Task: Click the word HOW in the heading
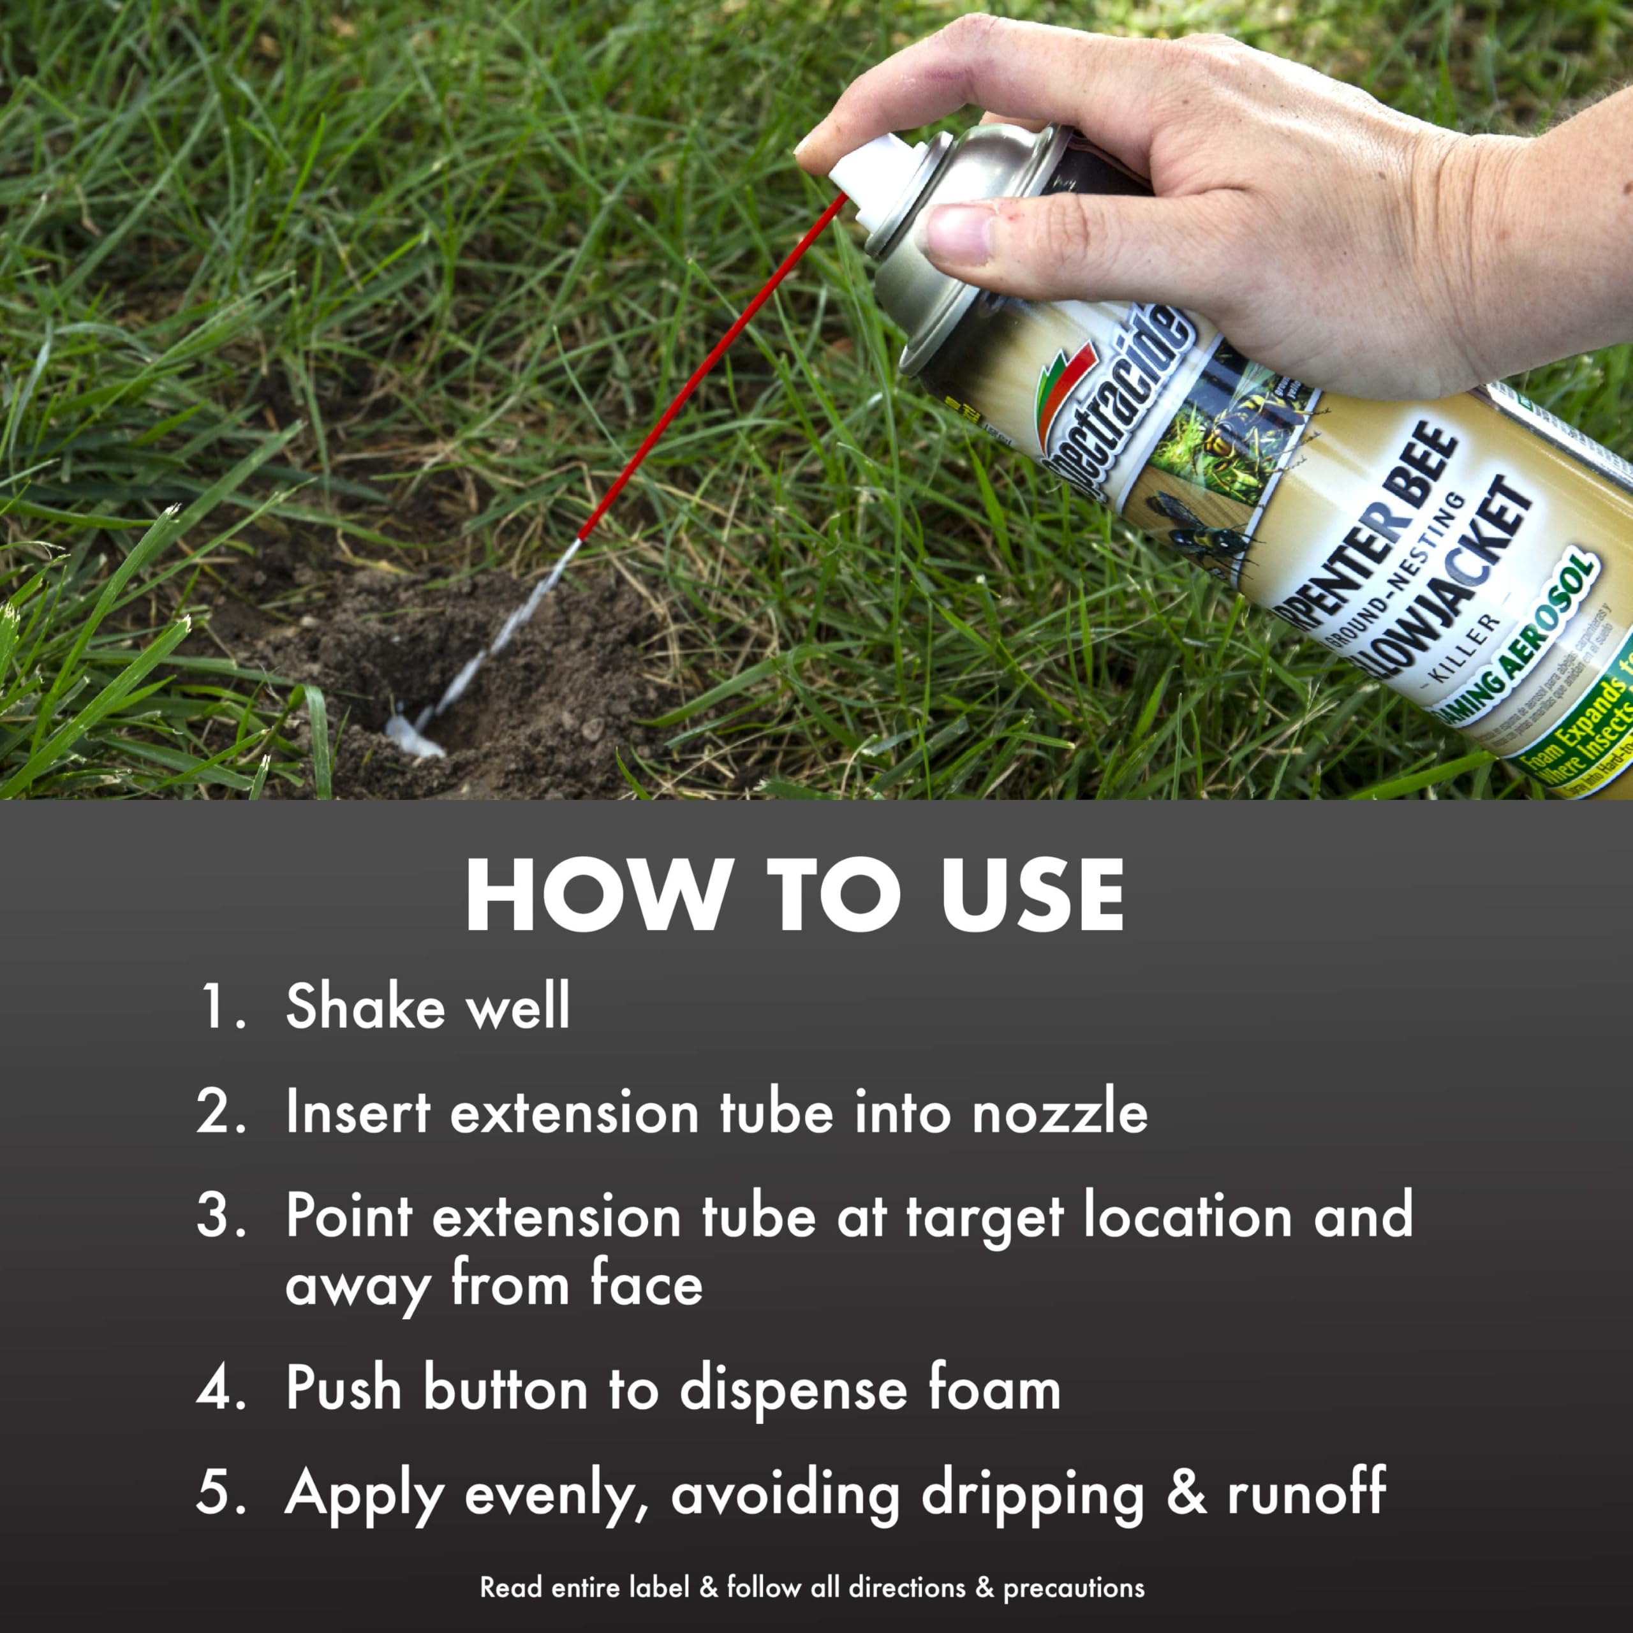[x=596, y=896]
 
